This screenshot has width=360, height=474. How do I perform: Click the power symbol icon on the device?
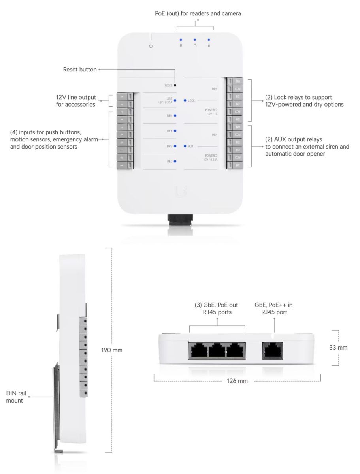(x=150, y=46)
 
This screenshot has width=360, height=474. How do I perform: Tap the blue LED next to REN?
(x=175, y=115)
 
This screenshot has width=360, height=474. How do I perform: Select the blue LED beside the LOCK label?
(x=185, y=100)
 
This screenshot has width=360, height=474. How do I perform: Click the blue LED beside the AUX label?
(x=185, y=146)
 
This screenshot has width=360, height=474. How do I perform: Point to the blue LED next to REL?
(x=175, y=161)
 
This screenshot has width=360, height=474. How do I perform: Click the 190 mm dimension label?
(x=112, y=350)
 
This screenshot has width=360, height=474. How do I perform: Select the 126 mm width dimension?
(x=237, y=381)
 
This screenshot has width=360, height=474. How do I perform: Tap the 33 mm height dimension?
(x=338, y=348)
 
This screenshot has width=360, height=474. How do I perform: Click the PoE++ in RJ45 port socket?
(x=273, y=350)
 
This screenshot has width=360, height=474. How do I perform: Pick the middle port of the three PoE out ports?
(x=217, y=350)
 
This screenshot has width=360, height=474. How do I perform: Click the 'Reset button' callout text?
(x=80, y=70)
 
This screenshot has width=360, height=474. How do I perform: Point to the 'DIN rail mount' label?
(x=15, y=397)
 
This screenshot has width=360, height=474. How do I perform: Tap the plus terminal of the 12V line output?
(x=122, y=97)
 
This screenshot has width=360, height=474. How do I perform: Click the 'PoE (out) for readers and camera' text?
(x=198, y=13)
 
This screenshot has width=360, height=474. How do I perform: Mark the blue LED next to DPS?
(x=175, y=146)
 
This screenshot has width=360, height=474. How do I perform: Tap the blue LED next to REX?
(x=175, y=130)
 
